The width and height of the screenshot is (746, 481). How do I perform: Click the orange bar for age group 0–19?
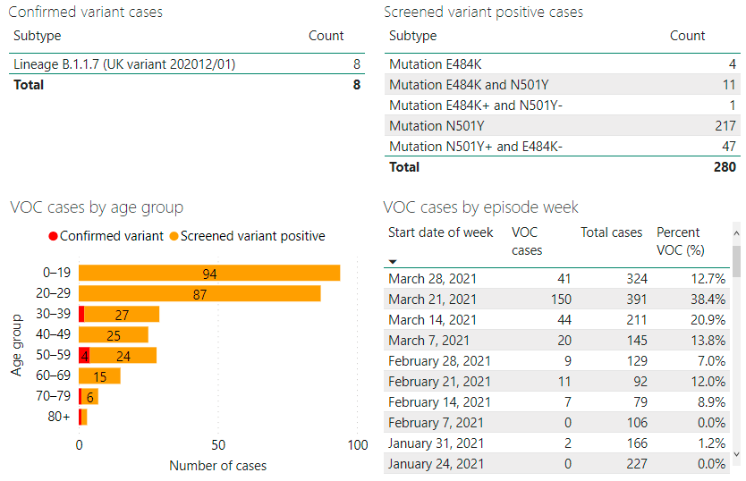pos(209,274)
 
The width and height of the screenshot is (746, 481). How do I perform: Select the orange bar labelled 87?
pos(199,293)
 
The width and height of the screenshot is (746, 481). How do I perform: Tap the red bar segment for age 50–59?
pos(84,356)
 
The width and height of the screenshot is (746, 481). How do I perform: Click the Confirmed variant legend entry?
pos(106,236)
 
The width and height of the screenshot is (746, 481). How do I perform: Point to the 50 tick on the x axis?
pos(218,445)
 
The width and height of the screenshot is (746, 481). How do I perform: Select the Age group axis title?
pos(17,344)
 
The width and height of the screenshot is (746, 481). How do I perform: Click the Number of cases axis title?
pos(217,465)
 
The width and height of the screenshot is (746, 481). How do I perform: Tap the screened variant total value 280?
pos(725,167)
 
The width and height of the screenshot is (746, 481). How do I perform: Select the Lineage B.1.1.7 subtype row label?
pos(124,64)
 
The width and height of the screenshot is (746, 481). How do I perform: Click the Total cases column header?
pos(611,232)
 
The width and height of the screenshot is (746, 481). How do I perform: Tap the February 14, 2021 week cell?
pos(439,402)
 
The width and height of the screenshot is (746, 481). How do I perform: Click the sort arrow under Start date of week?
pos(393,262)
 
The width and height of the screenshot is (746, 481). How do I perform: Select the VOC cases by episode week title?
pos(481,207)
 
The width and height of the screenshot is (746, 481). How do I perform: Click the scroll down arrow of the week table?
pos(736,454)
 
